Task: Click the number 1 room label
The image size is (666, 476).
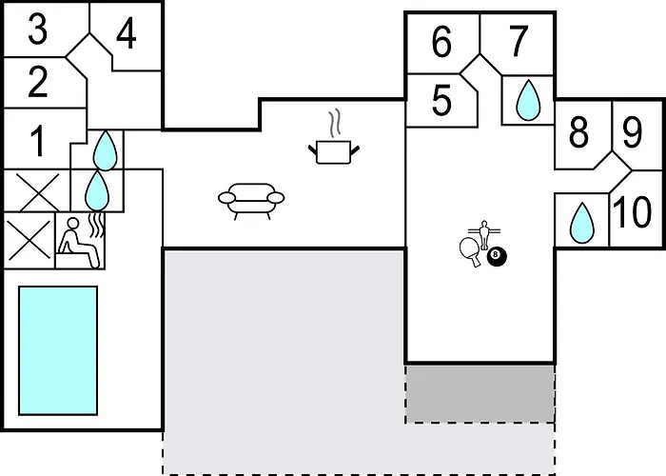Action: (x=38, y=142)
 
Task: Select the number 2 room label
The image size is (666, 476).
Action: (x=38, y=82)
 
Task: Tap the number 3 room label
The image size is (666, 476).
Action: (x=38, y=29)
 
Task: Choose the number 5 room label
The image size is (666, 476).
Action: (x=441, y=100)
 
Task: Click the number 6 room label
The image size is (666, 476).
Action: (x=441, y=42)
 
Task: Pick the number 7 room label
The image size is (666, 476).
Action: (x=519, y=41)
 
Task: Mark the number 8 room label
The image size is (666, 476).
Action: (x=578, y=132)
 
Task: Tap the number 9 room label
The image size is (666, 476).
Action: (x=633, y=132)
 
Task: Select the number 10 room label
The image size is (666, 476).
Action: (x=633, y=211)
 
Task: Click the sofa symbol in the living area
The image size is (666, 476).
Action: (x=251, y=201)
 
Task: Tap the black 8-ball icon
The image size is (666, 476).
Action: (x=497, y=256)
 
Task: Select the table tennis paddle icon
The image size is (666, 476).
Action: (x=471, y=251)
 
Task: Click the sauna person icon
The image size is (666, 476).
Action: (x=81, y=242)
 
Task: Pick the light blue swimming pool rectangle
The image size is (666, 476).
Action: (x=58, y=350)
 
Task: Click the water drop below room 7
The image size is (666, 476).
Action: (x=528, y=100)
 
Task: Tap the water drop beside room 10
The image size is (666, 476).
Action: (x=581, y=223)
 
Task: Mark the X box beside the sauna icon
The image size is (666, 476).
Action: (x=29, y=241)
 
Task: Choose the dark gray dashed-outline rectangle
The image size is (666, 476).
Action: (x=480, y=393)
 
